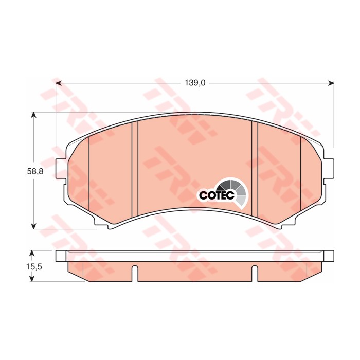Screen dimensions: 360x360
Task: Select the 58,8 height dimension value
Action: [35, 173]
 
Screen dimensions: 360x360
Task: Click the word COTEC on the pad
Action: [217, 195]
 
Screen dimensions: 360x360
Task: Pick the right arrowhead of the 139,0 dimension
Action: [331, 83]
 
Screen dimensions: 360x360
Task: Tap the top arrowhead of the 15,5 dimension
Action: [32, 253]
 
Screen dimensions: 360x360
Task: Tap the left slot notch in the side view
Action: [135, 273]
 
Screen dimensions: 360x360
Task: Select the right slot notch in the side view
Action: [255, 273]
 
